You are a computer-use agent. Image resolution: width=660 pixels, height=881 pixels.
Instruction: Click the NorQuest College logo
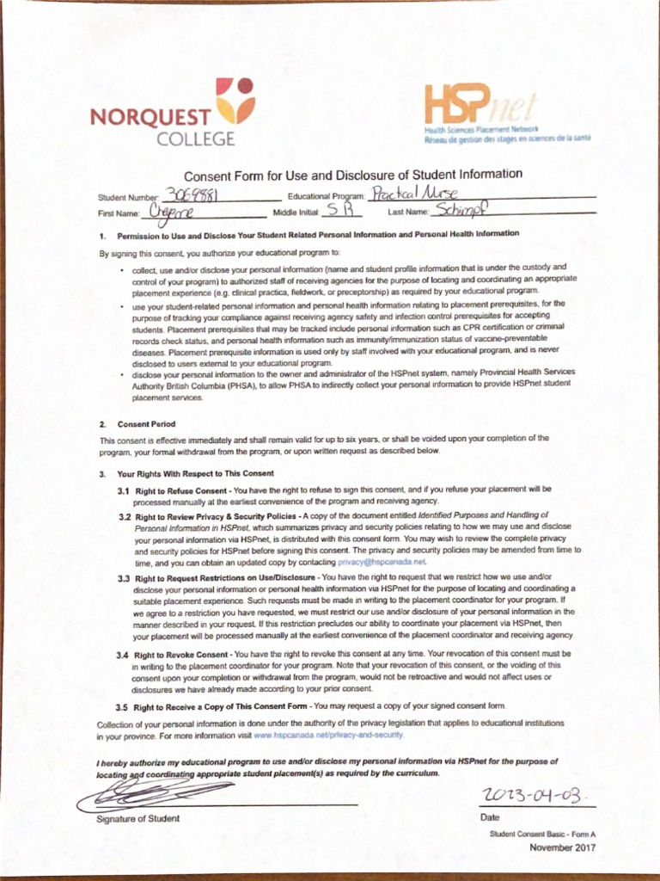tap(172, 113)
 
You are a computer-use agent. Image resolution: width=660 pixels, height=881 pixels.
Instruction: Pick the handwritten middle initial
tap(334, 210)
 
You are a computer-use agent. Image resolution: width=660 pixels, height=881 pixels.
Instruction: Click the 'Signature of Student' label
tap(137, 818)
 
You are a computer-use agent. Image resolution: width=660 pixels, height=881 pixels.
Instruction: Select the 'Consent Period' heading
tap(146, 424)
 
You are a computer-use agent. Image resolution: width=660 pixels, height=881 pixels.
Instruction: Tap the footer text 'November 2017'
tap(562, 847)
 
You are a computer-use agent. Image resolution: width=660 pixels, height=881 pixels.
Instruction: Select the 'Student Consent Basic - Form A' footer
tap(542, 834)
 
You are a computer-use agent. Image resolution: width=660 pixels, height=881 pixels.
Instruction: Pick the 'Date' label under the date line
tap(490, 817)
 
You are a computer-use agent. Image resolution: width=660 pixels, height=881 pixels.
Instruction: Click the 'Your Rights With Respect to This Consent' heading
tap(195, 473)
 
